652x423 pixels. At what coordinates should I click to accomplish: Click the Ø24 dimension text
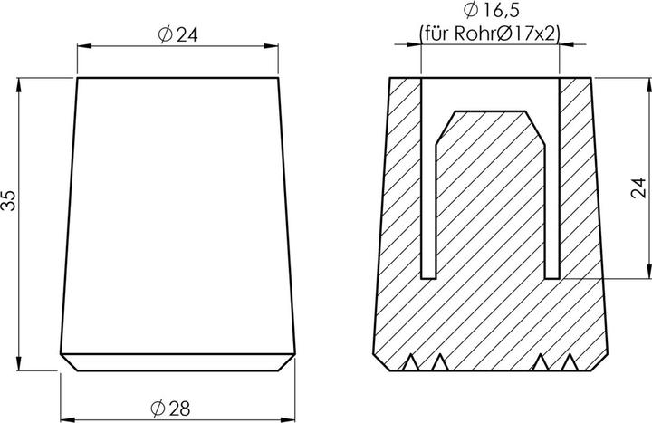pyautogui.click(x=177, y=34)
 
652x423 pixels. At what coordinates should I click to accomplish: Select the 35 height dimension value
pyautogui.click(x=10, y=200)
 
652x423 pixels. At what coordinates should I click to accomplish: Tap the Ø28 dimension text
pyautogui.click(x=173, y=408)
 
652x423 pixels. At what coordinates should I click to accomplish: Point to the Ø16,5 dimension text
pyautogui.click(x=490, y=12)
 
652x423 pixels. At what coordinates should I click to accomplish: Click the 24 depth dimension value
pyautogui.click(x=638, y=187)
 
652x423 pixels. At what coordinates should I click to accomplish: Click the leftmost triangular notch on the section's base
pyautogui.click(x=409, y=364)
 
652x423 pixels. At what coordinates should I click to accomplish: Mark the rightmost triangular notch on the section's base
pyautogui.click(x=570, y=364)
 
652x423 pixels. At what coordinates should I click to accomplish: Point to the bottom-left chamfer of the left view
pyautogui.click(x=67, y=361)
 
